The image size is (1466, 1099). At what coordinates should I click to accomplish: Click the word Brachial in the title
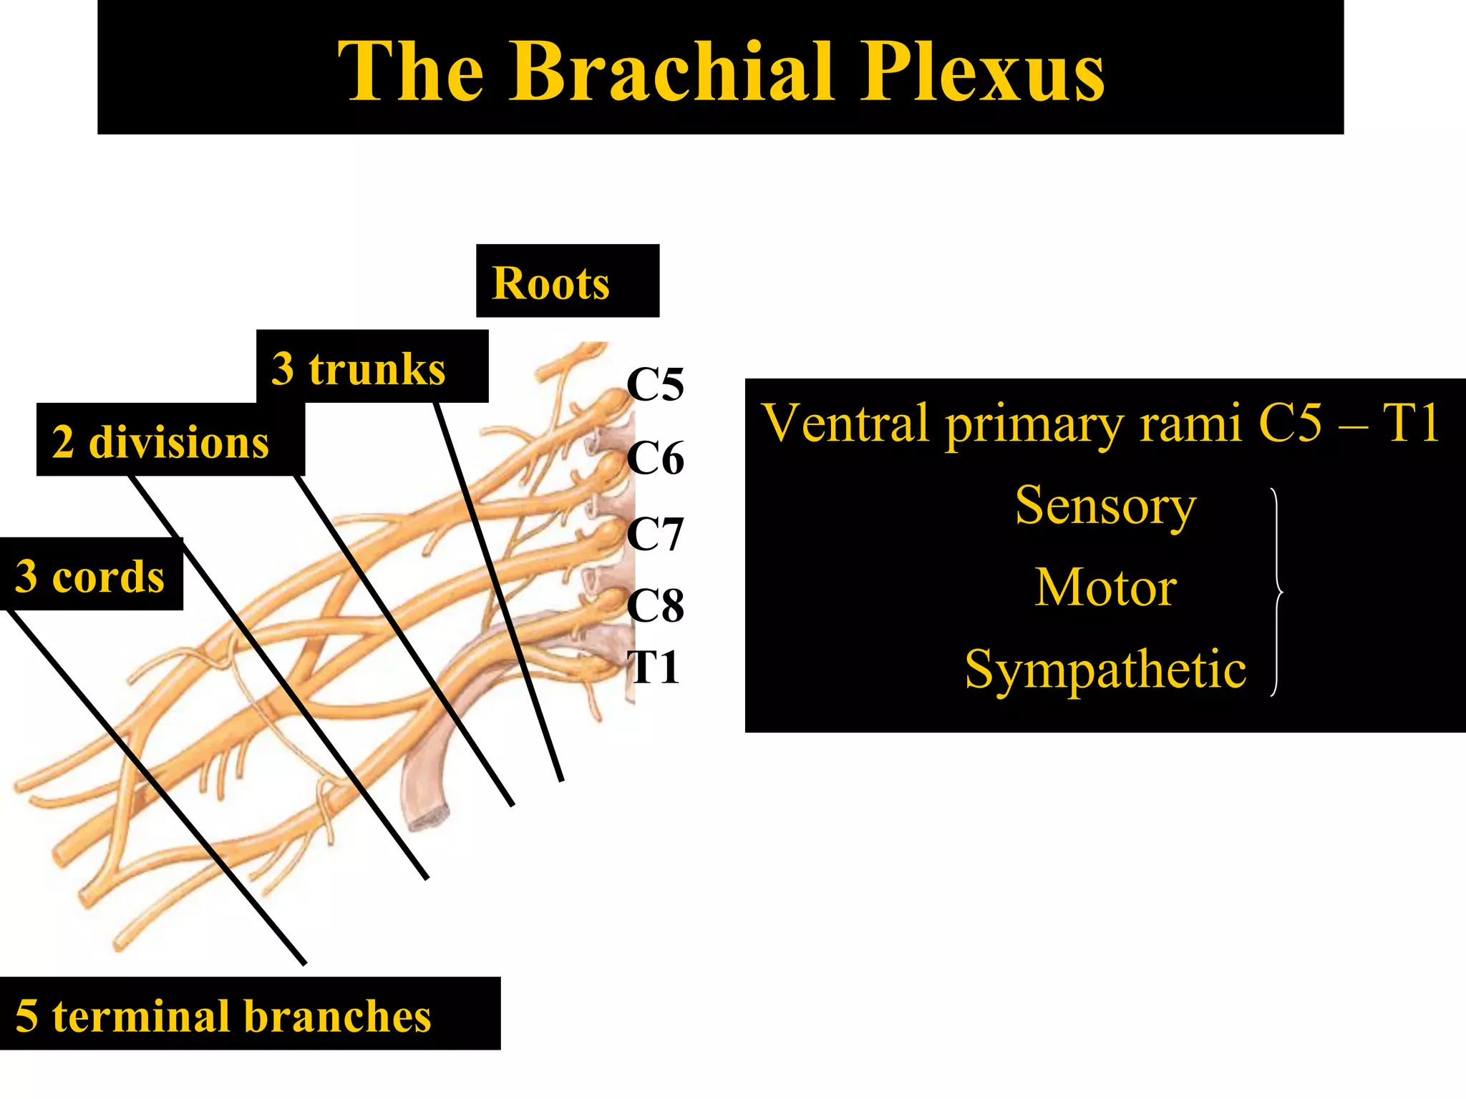[x=671, y=72]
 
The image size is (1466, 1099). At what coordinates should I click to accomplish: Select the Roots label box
[x=567, y=282]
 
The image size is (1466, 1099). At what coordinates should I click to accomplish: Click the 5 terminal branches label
[x=223, y=1015]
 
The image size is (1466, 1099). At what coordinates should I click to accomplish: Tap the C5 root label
[x=655, y=384]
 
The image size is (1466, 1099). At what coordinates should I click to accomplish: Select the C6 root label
[x=655, y=458]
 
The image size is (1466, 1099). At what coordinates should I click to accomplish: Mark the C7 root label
[x=655, y=533]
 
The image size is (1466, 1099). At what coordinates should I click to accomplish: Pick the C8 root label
[x=655, y=605]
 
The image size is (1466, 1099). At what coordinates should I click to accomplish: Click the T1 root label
[x=653, y=668]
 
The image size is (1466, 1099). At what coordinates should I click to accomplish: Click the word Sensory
[x=1105, y=505]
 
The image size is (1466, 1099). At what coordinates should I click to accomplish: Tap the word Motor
[x=1105, y=587]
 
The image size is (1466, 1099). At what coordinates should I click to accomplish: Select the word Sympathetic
[x=1105, y=669]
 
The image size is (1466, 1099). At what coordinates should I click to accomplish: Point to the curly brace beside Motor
[x=1277, y=592]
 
